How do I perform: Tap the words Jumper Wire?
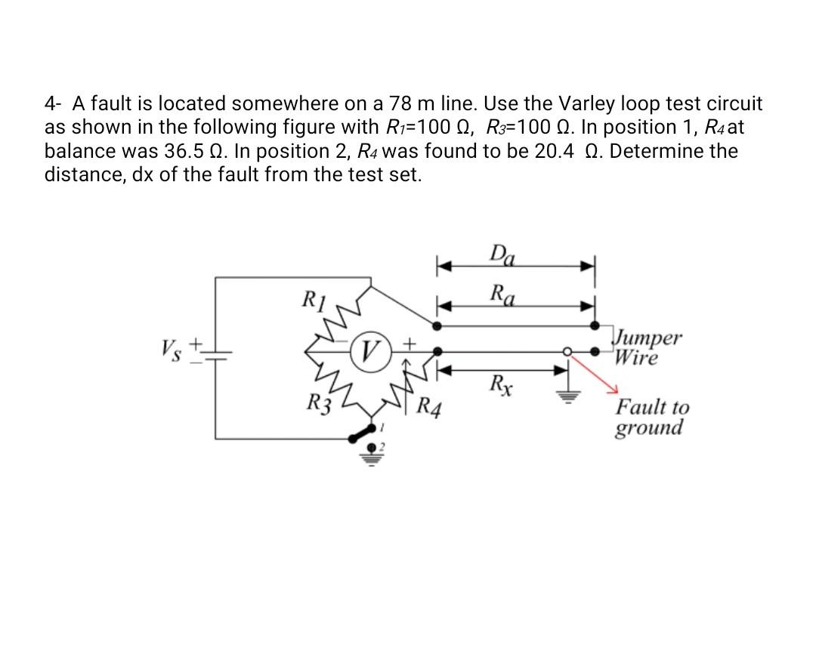648,347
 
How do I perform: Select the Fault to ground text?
652,418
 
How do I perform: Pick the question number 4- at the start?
54,103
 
